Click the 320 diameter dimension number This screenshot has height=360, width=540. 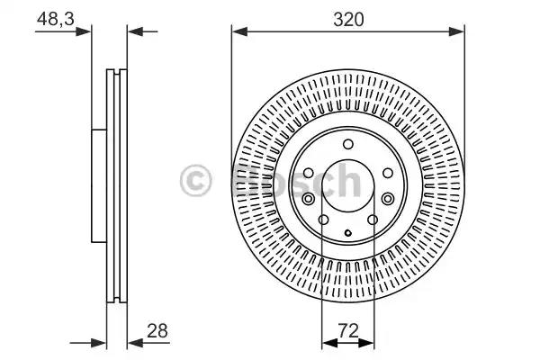347,17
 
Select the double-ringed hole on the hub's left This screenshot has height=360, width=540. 309,199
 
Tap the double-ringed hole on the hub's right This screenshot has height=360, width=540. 387,199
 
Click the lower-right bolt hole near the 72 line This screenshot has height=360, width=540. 372,219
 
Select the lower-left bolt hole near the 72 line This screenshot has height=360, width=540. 324,219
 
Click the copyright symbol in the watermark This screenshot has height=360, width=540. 196,181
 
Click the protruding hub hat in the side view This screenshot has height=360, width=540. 98,184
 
